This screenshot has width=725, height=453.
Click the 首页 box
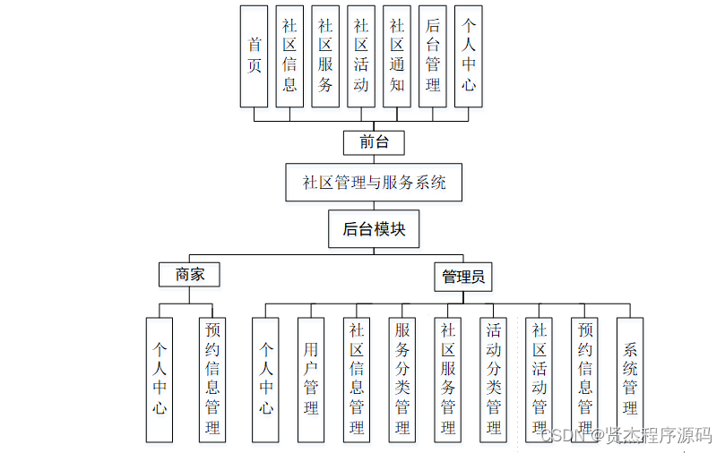[255, 56]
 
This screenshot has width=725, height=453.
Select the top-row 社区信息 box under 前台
[289, 56]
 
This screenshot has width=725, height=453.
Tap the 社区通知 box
[397, 56]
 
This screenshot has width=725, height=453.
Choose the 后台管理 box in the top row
[433, 56]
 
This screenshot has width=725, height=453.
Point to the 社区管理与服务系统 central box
[374, 183]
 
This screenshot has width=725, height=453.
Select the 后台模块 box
[374, 228]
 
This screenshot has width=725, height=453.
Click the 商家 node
[189, 275]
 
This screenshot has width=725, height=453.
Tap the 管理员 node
[463, 277]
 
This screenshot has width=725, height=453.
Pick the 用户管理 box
[311, 379]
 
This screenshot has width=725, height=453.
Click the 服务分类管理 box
[402, 379]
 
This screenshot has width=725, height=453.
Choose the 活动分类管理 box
[494, 379]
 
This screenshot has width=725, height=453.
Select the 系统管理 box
[630, 379]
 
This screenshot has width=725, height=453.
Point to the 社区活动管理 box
[539, 379]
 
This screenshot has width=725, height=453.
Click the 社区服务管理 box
[448, 379]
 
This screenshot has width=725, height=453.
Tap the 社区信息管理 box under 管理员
[357, 379]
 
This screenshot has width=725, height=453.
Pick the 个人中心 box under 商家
[159, 379]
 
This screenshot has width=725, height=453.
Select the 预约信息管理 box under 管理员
[585, 379]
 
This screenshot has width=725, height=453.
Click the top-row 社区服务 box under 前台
[325, 56]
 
